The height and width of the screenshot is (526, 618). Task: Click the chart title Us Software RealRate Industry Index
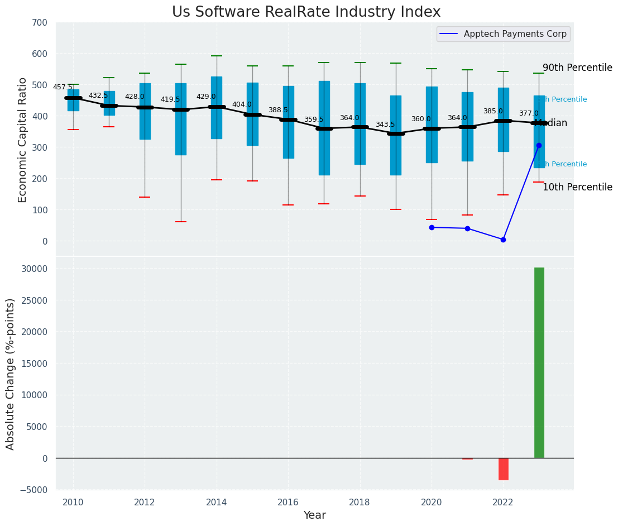pos(306,12)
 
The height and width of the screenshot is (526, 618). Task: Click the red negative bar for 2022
pos(503,469)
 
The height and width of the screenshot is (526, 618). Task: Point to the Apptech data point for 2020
pos(432,227)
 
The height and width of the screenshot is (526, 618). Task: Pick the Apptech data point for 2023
pos(539,145)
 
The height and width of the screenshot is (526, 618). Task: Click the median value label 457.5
pos(63,87)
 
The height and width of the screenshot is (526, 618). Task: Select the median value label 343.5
pos(385,125)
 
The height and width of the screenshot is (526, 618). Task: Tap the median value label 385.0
pos(492,111)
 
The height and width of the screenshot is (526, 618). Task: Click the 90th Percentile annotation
pos(577,68)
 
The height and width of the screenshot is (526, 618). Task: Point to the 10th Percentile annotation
pos(577,187)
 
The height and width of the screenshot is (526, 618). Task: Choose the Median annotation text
pos(550,123)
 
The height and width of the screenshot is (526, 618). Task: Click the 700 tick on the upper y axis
pos(44,22)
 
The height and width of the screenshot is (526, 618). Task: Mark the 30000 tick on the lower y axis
pos(35,269)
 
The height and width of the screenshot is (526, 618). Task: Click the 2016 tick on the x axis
pos(288,503)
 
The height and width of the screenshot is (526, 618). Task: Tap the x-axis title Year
pos(314,515)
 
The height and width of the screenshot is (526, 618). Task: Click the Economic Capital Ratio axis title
pos(23,140)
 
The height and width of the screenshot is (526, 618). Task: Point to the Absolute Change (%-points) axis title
pos(11,374)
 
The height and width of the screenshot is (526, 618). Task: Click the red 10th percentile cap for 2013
pos(180,222)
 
